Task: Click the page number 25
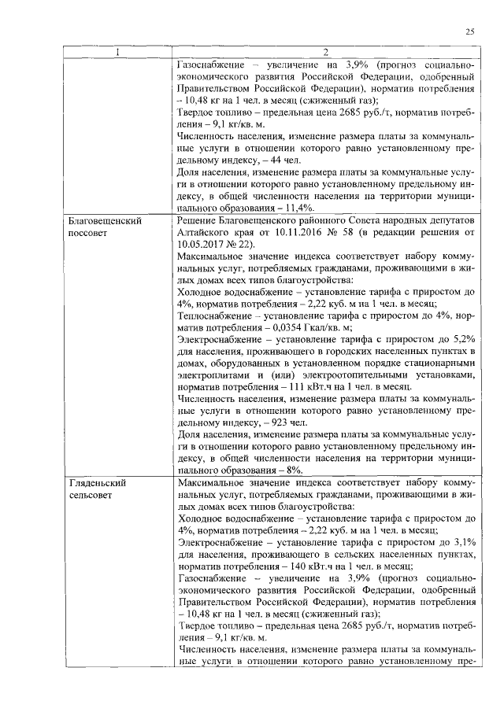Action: click(469, 31)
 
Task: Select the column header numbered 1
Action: click(117, 53)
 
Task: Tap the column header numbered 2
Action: click(325, 53)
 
